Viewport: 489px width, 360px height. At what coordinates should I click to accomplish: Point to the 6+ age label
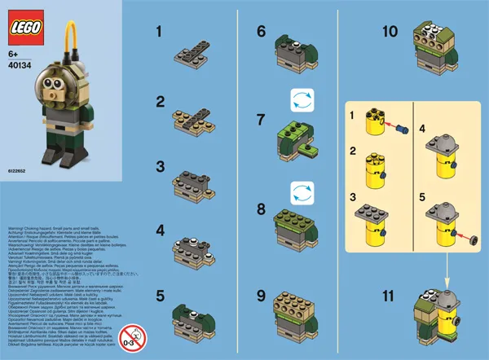[14, 56]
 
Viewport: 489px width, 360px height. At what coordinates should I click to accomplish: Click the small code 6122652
[17, 173]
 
